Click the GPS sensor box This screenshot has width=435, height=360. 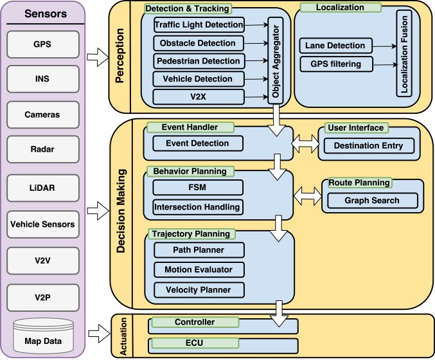tap(43, 44)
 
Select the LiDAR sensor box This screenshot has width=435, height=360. tap(43, 188)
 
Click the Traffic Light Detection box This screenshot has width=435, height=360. tap(199, 25)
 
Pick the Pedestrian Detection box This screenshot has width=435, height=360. tap(199, 61)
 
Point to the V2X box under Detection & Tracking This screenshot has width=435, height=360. tap(199, 97)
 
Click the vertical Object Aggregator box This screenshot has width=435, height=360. tap(276, 61)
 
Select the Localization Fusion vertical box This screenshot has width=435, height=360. tap(404, 53)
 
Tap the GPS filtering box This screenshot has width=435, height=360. tap(336, 64)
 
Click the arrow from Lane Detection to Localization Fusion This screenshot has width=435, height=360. tap(384, 46)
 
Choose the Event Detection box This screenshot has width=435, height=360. tap(198, 143)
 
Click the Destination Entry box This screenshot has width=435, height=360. tap(369, 146)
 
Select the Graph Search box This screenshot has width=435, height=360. tap(372, 201)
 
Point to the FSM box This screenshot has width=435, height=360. tap(198, 187)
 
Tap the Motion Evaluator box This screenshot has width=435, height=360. tap(199, 269)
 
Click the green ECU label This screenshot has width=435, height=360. tap(195, 343)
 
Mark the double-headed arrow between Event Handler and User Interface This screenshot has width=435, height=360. tap(306, 143)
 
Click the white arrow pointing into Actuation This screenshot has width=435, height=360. tap(99, 334)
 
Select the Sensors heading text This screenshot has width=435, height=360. tap(46, 14)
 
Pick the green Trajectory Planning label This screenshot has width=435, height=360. tap(191, 234)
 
